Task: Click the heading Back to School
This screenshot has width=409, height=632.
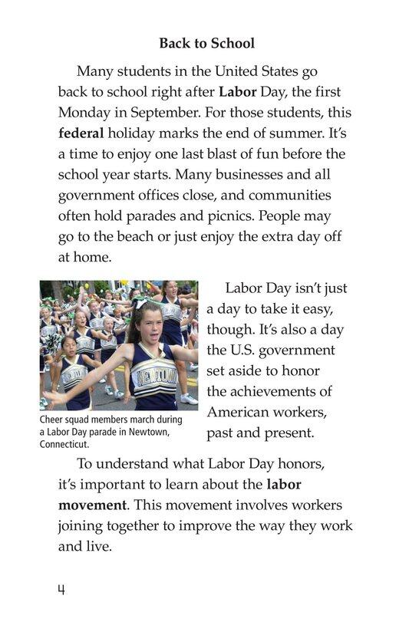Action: tap(206, 44)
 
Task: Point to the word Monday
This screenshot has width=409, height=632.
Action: tap(85, 112)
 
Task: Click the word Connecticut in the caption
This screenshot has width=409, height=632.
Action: tap(66, 444)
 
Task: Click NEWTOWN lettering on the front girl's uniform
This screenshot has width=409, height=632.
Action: tap(153, 376)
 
